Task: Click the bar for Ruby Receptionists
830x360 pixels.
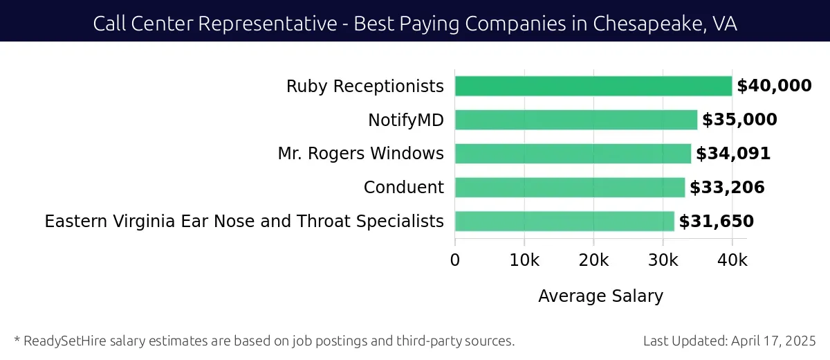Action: pos(593,86)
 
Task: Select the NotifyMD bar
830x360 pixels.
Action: pos(576,120)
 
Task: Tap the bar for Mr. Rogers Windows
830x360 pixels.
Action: pos(573,154)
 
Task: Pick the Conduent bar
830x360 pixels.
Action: pos(570,188)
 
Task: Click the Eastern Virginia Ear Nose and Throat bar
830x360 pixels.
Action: pos(564,222)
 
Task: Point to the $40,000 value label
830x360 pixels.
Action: pos(774,86)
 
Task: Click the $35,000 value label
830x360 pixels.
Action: pos(739,120)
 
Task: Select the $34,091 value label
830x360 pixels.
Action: pos(733,154)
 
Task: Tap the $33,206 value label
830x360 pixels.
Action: pos(727,188)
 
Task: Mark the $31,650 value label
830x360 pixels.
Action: pos(716,222)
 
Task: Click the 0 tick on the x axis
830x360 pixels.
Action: pos(455,260)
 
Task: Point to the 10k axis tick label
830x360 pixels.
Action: pos(524,260)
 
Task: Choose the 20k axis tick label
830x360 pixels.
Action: pos(593,260)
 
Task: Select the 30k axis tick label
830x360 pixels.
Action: pos(663,260)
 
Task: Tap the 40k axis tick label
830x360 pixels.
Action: pos(732,260)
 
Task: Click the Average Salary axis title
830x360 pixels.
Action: pos(600,296)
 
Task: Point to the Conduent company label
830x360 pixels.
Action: pos(404,188)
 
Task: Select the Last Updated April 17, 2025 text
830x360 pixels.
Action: pos(729,341)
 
